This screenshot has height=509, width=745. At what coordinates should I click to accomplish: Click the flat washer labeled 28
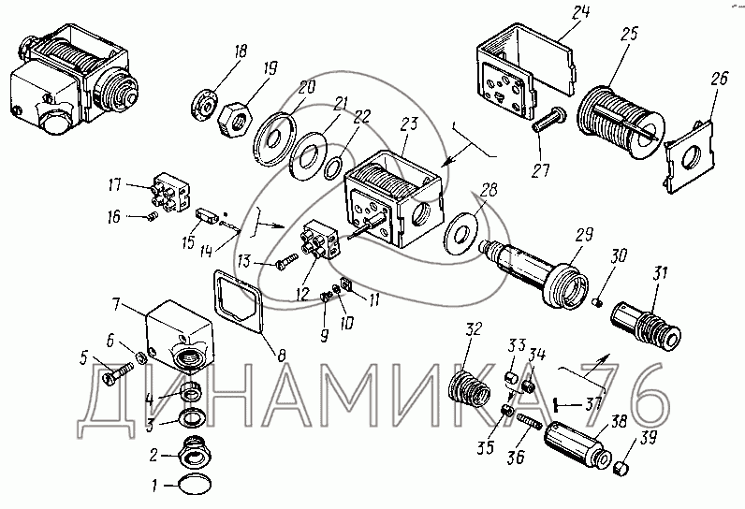(460, 228)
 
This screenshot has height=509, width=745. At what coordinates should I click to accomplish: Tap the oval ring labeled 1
(195, 485)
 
